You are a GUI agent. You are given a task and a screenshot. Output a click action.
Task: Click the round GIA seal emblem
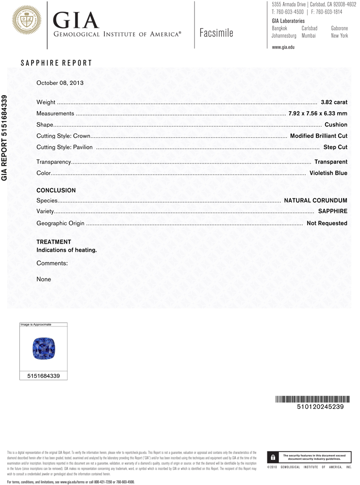pyautogui.click(x=27, y=20)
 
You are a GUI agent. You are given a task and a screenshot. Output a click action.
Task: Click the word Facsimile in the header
pyautogui.click(x=216, y=33)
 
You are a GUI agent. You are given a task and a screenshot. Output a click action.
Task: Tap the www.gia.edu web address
pyautogui.click(x=283, y=47)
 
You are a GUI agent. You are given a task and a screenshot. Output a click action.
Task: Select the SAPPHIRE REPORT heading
pyautogui.click(x=56, y=63)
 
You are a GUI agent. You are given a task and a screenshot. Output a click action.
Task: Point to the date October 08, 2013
pyautogui.click(x=60, y=83)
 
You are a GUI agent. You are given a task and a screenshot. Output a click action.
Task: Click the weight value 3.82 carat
pyautogui.click(x=334, y=102)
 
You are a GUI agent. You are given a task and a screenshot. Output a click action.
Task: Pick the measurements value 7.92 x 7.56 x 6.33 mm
pyautogui.click(x=318, y=113)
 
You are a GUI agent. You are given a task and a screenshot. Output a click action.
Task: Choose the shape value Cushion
pyautogui.click(x=336, y=125)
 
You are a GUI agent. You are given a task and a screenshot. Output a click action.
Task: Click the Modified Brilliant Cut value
pyautogui.click(x=318, y=136)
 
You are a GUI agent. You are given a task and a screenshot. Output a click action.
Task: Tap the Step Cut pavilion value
pyautogui.click(x=335, y=147)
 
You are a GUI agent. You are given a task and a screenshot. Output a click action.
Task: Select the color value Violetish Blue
pyautogui.click(x=328, y=173)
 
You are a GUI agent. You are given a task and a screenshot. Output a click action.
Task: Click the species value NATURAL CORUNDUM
pyautogui.click(x=315, y=200)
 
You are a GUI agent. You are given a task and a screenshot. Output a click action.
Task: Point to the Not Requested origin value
pyautogui.click(x=327, y=223)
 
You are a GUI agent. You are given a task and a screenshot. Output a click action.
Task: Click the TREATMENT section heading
pyautogui.click(x=54, y=242)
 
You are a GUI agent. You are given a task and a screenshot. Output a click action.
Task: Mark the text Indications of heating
pyautogui.click(x=67, y=250)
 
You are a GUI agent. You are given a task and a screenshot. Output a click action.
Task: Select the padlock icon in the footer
pyautogui.click(x=273, y=457)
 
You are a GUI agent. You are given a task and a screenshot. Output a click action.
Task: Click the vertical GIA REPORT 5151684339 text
pyautogui.click(x=5, y=138)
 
